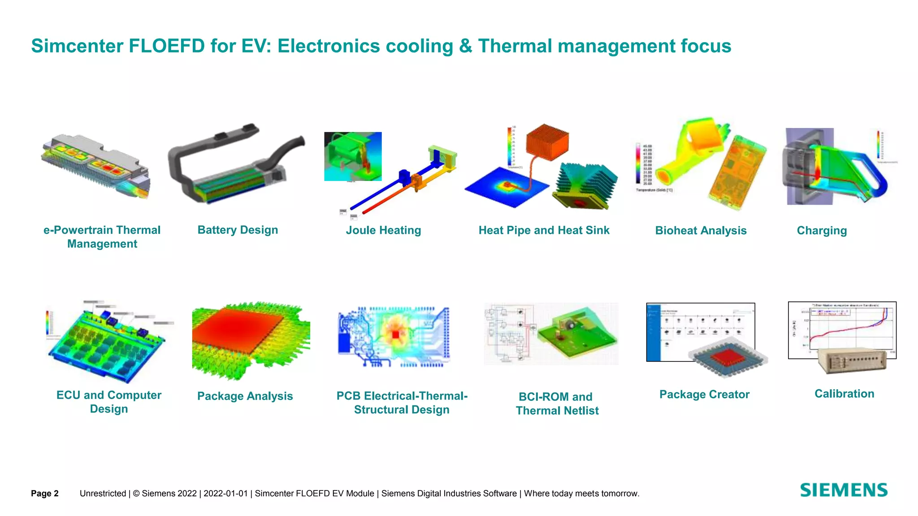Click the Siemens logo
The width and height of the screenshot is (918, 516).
click(844, 490)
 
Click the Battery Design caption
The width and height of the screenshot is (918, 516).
click(238, 230)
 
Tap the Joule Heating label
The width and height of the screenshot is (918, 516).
click(383, 230)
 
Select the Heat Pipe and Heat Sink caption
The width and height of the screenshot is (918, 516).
click(544, 230)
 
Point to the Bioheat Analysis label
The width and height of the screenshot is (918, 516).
click(701, 231)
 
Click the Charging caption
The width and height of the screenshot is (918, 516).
click(822, 231)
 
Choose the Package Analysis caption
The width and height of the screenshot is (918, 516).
click(245, 396)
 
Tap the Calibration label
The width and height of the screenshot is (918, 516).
click(844, 394)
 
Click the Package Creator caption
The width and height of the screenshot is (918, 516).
click(704, 395)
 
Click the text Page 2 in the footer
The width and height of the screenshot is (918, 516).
click(45, 494)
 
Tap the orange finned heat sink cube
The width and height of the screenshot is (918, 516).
click(547, 142)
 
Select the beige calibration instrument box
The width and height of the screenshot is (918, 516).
click(852, 361)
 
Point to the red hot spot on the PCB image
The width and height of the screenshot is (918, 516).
click(395, 335)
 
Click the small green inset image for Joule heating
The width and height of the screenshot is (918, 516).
click(353, 156)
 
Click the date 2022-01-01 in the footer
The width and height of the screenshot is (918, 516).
click(225, 494)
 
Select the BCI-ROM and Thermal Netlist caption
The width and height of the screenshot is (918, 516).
click(557, 404)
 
